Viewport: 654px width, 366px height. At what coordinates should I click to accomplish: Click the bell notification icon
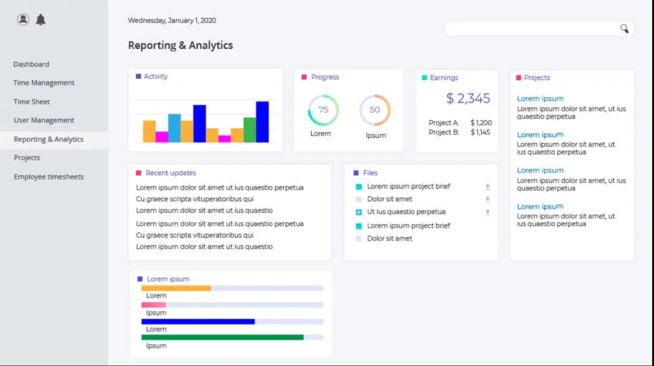[x=41, y=20]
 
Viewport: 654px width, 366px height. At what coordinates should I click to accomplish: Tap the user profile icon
[x=23, y=19]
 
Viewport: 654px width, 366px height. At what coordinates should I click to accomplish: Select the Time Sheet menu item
[x=32, y=102]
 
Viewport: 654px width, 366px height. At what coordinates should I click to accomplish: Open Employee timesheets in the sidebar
[x=48, y=177]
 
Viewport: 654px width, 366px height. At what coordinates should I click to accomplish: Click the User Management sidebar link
[x=44, y=120]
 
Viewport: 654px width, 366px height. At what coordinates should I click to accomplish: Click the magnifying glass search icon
[x=624, y=29]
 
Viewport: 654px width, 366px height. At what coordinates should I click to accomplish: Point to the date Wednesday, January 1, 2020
[x=172, y=21]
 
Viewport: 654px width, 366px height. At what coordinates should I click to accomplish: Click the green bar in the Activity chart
[x=250, y=130]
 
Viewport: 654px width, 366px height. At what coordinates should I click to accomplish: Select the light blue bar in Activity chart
[x=174, y=128]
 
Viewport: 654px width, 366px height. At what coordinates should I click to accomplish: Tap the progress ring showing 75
[x=323, y=110]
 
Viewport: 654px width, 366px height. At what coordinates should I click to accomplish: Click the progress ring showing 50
[x=375, y=110]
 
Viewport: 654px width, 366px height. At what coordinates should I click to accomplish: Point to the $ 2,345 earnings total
[x=468, y=98]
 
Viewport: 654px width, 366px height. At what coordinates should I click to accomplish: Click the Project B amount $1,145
[x=480, y=133]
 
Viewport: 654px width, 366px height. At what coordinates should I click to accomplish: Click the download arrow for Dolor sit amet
[x=488, y=199]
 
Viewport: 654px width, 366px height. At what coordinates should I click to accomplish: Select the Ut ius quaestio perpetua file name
[x=406, y=212]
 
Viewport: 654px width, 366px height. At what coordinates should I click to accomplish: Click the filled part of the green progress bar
[x=222, y=337]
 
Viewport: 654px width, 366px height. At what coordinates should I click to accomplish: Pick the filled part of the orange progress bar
[x=176, y=288]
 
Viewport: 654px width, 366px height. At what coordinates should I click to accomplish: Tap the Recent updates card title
[x=171, y=173]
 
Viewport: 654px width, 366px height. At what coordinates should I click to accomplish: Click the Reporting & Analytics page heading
[x=181, y=46]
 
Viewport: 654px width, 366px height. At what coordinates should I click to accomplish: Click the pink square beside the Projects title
[x=519, y=78]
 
